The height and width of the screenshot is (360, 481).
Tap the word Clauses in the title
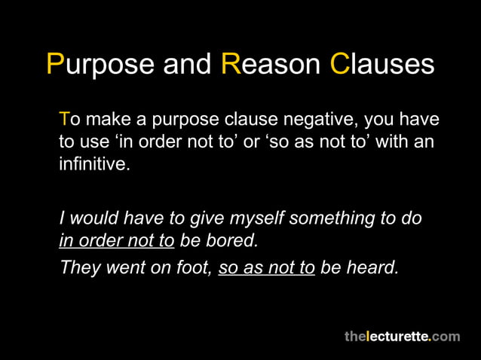(382, 64)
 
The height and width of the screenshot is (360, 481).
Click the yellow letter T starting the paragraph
(64, 120)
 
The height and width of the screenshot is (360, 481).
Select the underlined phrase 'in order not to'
(117, 241)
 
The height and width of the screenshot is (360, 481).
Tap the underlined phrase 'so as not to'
(266, 267)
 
